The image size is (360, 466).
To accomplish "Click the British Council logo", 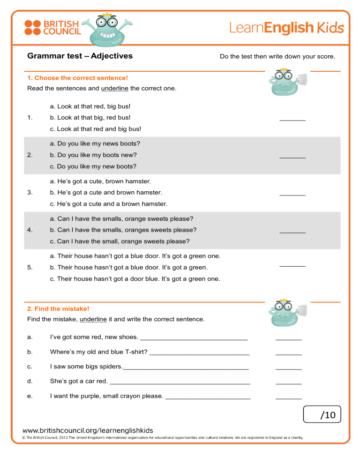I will (52, 27).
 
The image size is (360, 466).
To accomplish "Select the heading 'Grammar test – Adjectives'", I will (80, 56).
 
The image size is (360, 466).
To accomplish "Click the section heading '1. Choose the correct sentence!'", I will (78, 78).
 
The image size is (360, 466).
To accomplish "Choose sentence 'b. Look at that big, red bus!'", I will (90, 117).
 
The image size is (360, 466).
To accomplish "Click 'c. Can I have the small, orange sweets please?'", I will (120, 241).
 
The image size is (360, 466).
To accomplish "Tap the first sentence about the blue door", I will (135, 256).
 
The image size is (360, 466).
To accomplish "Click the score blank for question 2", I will (292, 157).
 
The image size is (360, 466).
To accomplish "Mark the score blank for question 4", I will (292, 232).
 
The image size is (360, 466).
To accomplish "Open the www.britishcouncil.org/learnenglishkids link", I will (88, 430).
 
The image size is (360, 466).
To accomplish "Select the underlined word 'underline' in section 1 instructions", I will (114, 88).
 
